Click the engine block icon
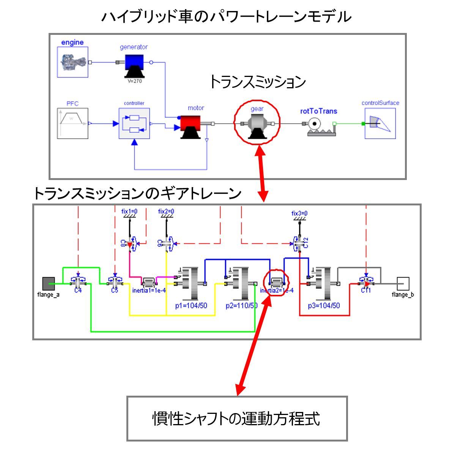pos(72,62)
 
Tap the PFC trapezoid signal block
pos(72,123)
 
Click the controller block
pos(134,124)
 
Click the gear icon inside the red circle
pos(257,124)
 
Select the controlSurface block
pos(380,124)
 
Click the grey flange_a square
pos(49,283)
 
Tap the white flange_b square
pos(403,283)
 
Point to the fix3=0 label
pos(299,213)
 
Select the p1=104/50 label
pos(191,305)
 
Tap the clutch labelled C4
pos(78,282)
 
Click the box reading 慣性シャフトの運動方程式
pos(237,418)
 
